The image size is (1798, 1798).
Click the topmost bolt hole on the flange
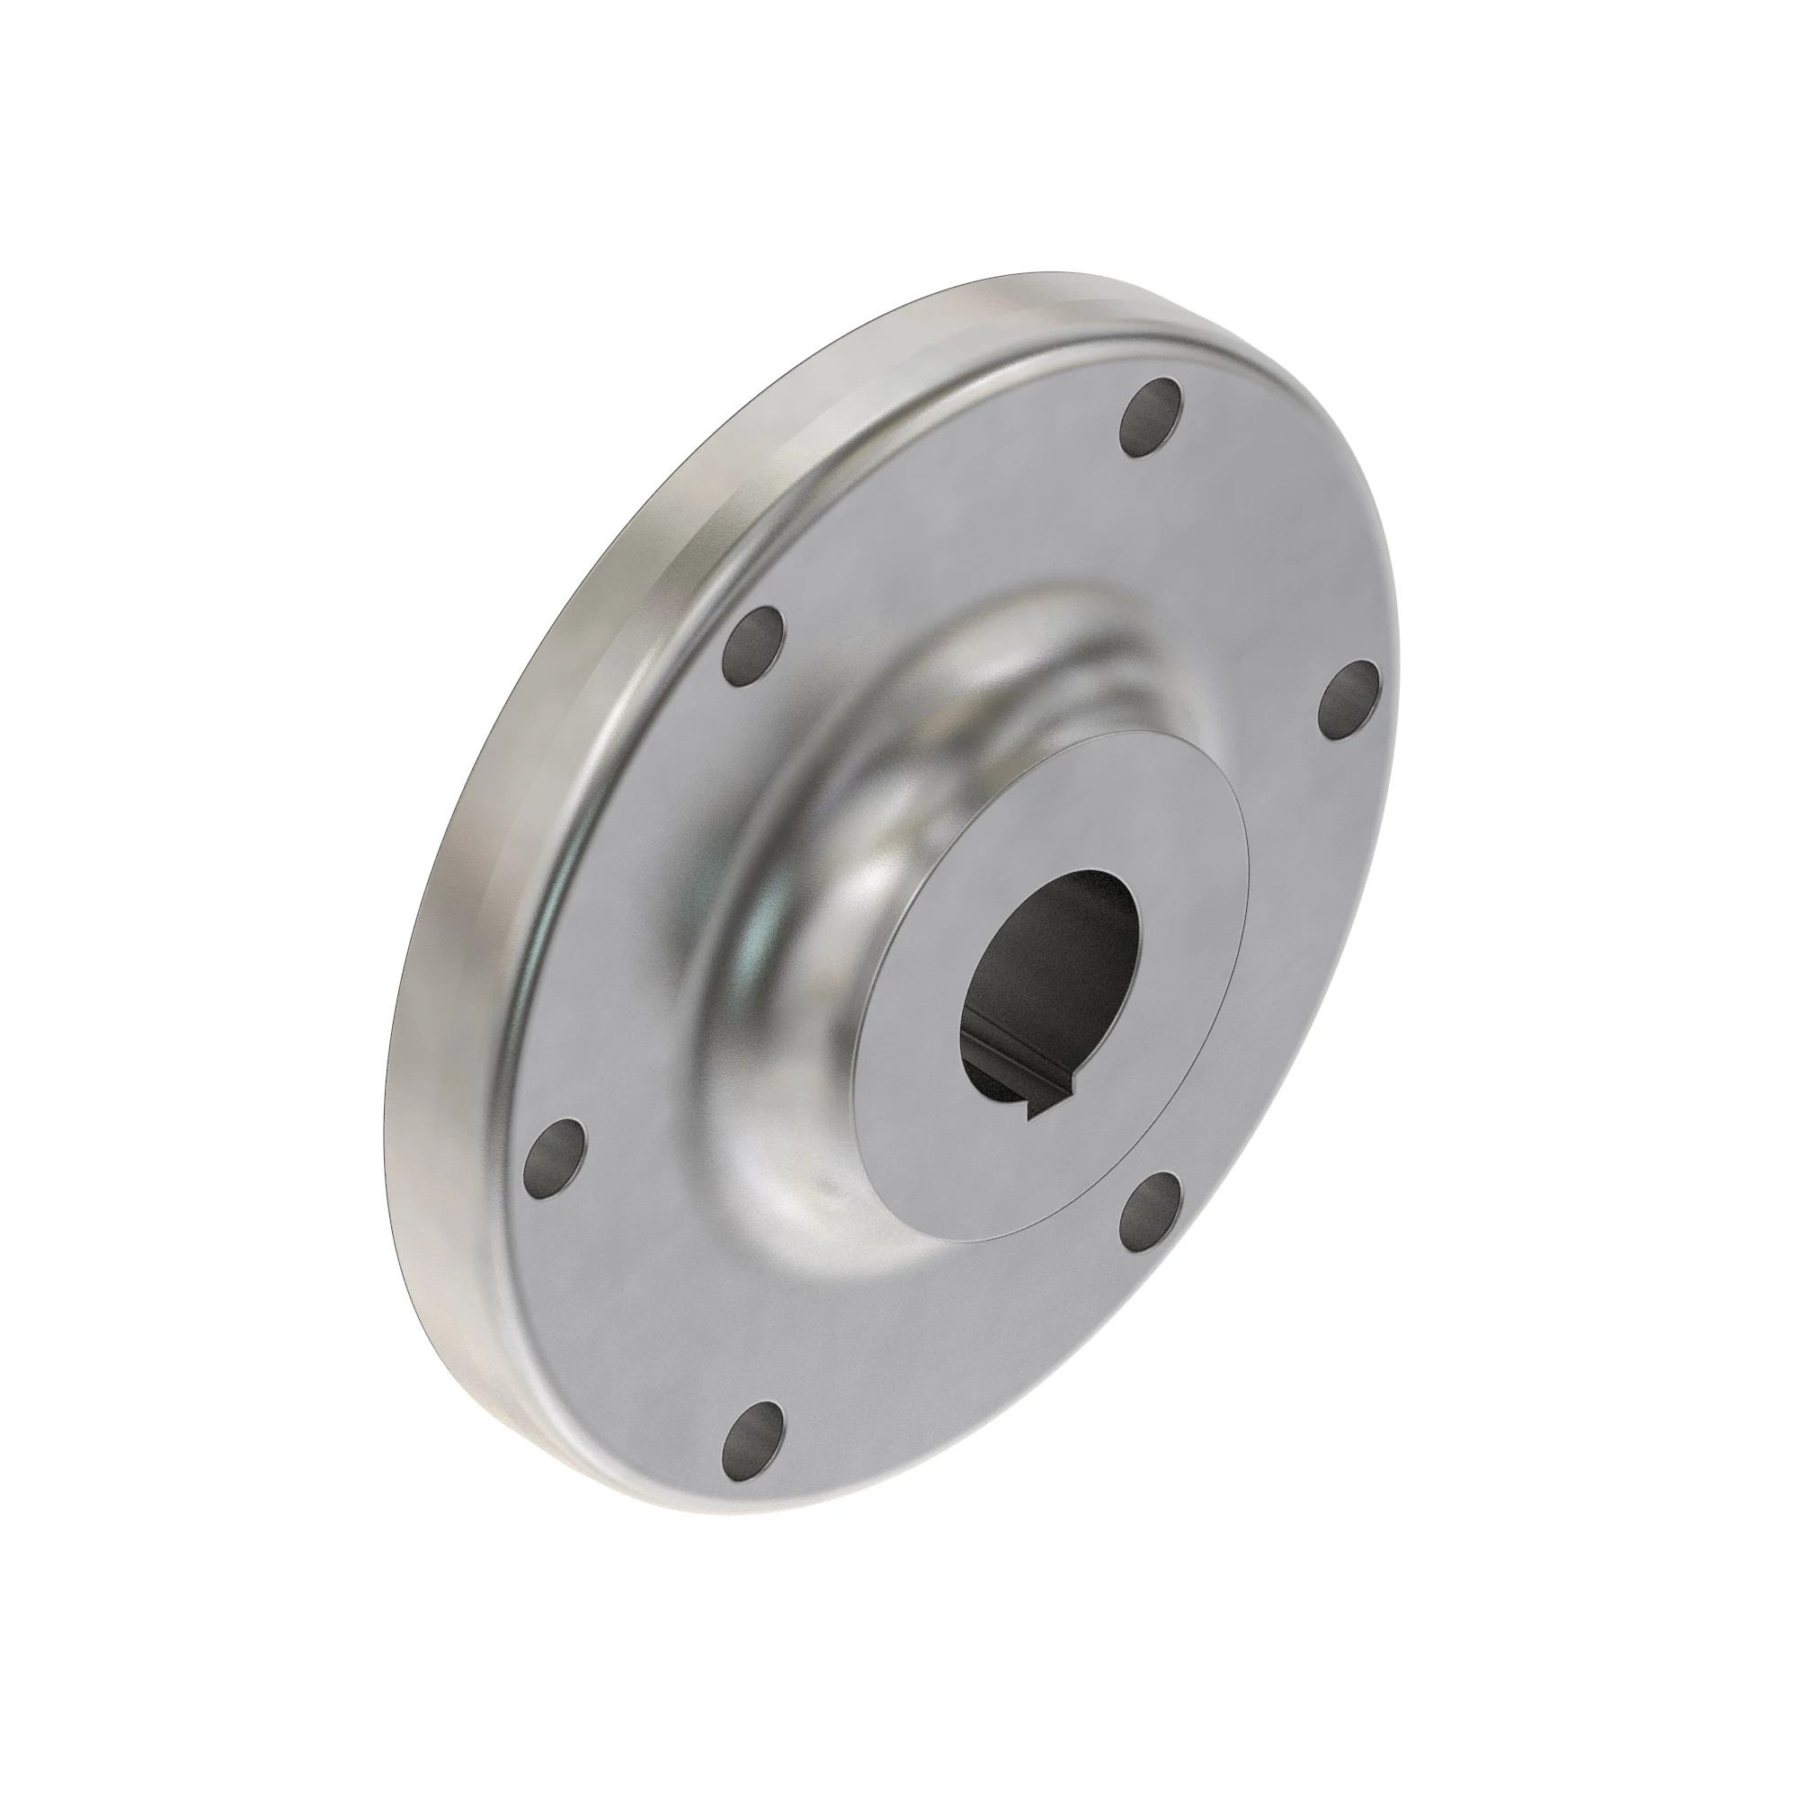pos(1153,417)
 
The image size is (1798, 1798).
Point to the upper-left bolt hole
pos(752,645)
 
